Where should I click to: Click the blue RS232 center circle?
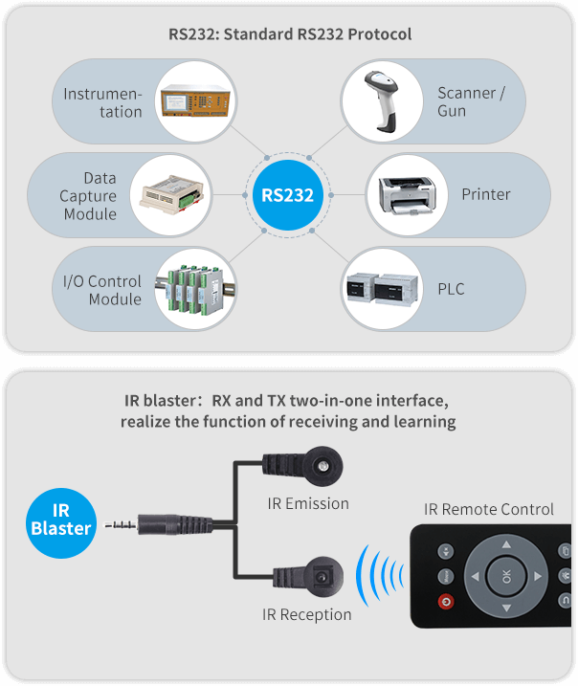coord(288,195)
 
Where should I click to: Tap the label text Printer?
coord(486,194)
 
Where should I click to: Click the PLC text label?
coord(451,288)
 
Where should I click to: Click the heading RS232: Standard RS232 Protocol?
coord(290,34)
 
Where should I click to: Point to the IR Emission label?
coord(307,503)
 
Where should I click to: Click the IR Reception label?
coord(307,614)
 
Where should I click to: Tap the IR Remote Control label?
coord(489,509)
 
